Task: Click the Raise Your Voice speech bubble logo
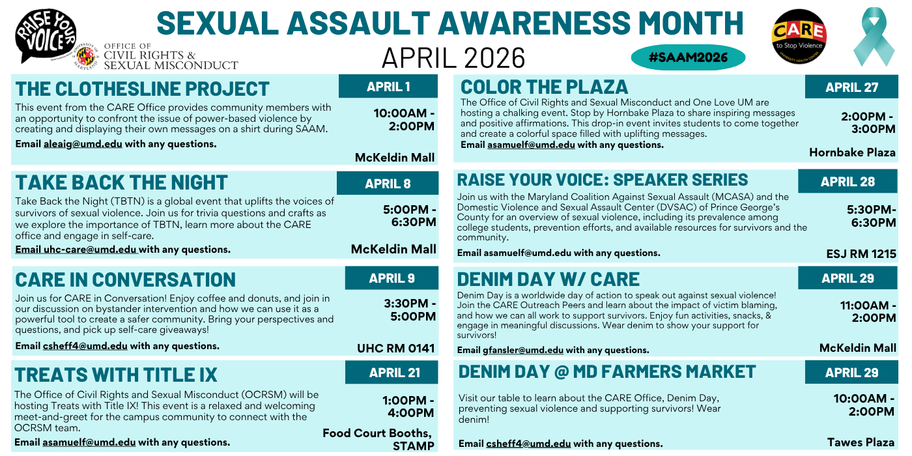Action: click(x=46, y=36)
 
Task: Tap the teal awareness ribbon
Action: click(x=874, y=37)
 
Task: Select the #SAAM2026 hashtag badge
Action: click(x=688, y=57)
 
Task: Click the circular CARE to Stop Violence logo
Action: click(x=799, y=36)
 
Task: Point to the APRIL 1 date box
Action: click(x=388, y=87)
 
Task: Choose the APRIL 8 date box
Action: click(x=388, y=184)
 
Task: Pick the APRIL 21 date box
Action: click(x=392, y=373)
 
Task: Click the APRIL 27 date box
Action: click(x=851, y=87)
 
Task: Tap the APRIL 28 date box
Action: click(x=848, y=182)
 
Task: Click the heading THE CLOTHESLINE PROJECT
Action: click(x=142, y=89)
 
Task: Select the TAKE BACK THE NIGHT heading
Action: click(x=121, y=182)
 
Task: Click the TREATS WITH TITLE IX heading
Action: click(x=116, y=375)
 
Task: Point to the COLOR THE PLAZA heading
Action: click(x=544, y=87)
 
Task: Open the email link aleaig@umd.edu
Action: click(x=83, y=144)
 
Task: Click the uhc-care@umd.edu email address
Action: click(x=90, y=249)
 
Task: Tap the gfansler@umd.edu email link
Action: click(x=523, y=350)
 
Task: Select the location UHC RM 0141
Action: click(x=395, y=348)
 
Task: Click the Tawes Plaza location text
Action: click(x=861, y=442)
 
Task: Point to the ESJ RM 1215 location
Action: click(x=861, y=253)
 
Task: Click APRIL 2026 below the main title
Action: click(x=453, y=58)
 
